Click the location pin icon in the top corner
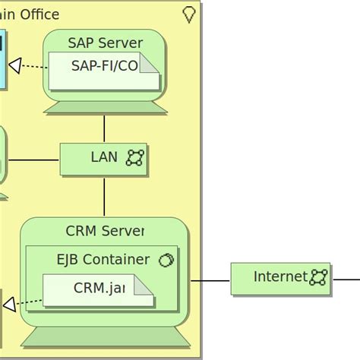[x=189, y=14]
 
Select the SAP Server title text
[x=105, y=43]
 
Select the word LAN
[x=104, y=157]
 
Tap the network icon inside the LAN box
[x=134, y=158]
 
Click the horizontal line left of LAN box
[x=33, y=159]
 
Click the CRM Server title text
[x=105, y=231]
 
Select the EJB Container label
[x=103, y=260]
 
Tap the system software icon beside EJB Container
[x=166, y=261]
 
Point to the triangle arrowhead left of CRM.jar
[x=9, y=305]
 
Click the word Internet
[x=280, y=277]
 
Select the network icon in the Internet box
[x=318, y=277]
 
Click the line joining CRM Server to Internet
[x=210, y=280]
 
